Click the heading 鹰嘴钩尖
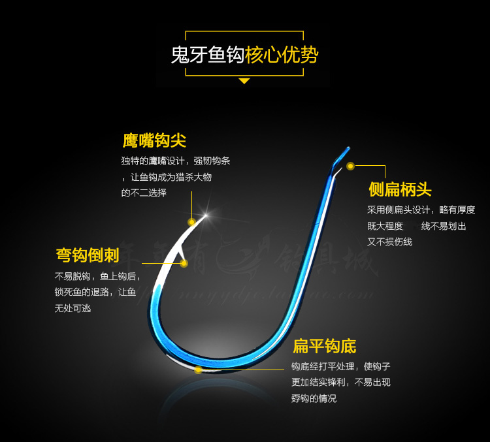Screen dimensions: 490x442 [154, 140]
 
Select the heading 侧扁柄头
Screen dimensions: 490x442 [400, 189]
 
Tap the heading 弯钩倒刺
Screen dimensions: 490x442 [87, 255]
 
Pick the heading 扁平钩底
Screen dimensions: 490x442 [324, 346]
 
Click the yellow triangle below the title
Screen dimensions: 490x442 [244, 81]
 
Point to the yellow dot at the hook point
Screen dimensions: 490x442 [191, 222]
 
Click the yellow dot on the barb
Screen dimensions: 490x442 [184, 263]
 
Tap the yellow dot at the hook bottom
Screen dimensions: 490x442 [198, 370]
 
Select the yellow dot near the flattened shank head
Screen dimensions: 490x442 [350, 166]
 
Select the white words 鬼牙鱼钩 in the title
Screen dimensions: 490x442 [207, 55]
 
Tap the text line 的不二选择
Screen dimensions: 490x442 [144, 193]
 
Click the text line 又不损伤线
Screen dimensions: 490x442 [389, 242]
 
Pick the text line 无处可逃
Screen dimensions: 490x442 [73, 308]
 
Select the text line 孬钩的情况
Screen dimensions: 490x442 [314, 398]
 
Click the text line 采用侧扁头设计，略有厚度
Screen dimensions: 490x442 [421, 210]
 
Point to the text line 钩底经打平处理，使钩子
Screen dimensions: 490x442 [340, 366]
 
